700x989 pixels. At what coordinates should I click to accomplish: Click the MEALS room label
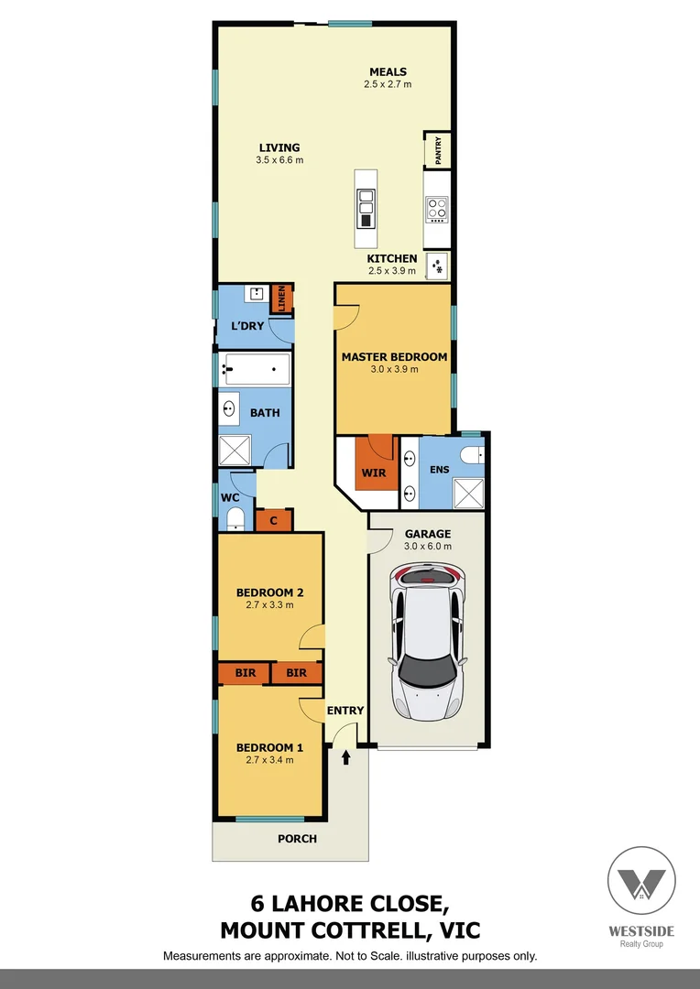point(388,72)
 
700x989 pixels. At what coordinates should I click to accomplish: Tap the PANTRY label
point(438,150)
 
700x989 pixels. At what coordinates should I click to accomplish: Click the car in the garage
point(427,640)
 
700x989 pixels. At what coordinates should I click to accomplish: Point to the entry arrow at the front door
point(346,757)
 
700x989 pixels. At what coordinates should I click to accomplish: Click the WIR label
point(374,473)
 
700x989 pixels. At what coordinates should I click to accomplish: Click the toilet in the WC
point(234,519)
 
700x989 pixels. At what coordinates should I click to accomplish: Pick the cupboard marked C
point(274,521)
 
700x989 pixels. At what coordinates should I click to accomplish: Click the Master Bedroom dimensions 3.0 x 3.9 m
point(394,370)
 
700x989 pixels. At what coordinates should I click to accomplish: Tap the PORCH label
point(297,839)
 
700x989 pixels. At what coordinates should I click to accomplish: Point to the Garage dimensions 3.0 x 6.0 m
point(428,547)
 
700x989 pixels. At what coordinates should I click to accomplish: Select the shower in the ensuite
point(470,492)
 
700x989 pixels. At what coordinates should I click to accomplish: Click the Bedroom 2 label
point(269,592)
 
